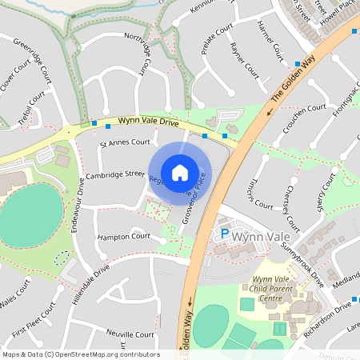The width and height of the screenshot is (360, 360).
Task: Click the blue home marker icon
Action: (180, 172)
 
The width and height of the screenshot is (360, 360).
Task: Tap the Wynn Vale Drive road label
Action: (149, 123)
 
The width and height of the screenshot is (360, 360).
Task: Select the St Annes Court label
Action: (125, 142)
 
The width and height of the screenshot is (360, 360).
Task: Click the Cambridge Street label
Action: (115, 174)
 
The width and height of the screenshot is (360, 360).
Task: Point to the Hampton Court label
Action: (124, 237)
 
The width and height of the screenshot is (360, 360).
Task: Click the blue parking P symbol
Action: (225, 234)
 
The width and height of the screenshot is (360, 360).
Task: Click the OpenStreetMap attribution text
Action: (81, 354)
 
